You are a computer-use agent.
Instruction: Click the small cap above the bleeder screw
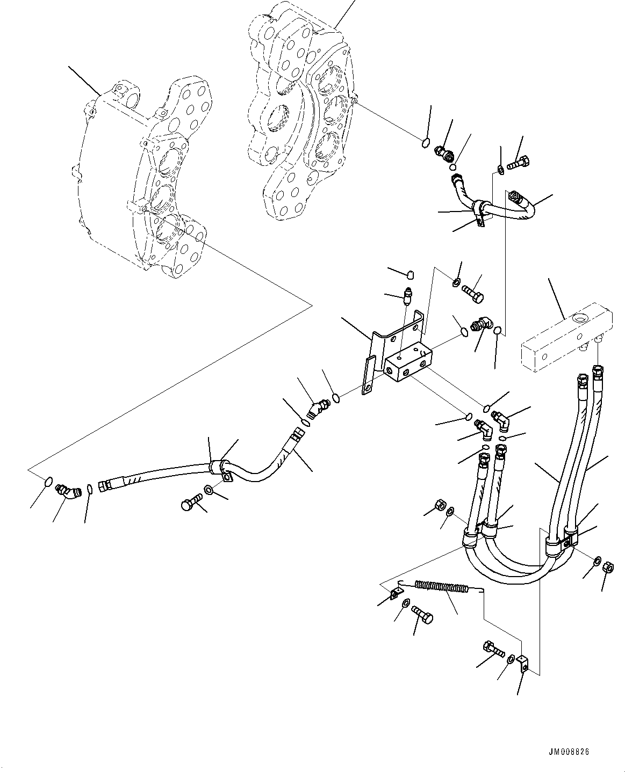410,275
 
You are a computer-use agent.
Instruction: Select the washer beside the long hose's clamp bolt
209,490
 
